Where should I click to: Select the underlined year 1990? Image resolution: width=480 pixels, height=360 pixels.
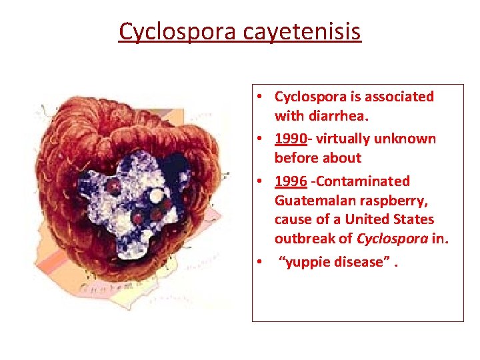click(289, 139)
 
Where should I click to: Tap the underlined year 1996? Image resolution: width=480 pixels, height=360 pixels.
click(289, 181)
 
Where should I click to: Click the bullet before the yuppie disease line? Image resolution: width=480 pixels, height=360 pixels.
click(258, 262)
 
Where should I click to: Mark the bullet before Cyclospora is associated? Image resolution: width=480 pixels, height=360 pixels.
click(258, 97)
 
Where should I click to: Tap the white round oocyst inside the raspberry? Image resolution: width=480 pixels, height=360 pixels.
click(156, 196)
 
